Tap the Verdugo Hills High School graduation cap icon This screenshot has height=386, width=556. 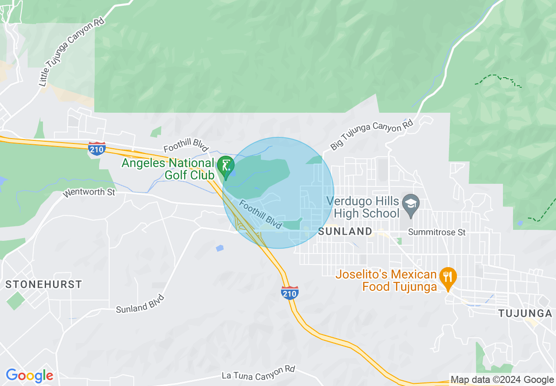click(x=411, y=204)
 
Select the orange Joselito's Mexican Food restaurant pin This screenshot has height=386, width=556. click(x=448, y=277)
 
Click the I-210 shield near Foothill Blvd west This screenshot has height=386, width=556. click(x=96, y=149)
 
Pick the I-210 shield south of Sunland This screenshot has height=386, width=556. click(x=290, y=293)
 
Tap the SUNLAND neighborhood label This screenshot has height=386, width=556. click(x=345, y=232)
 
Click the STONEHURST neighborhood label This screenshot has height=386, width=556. click(x=43, y=284)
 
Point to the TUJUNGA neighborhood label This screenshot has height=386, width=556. click(x=525, y=313)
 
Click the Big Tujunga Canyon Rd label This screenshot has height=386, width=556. click(x=372, y=135)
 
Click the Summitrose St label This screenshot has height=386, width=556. click(x=436, y=232)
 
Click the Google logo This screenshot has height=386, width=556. click(x=29, y=376)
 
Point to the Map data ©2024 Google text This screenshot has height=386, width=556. click(x=502, y=380)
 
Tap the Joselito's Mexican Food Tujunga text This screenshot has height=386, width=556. click(x=386, y=281)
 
